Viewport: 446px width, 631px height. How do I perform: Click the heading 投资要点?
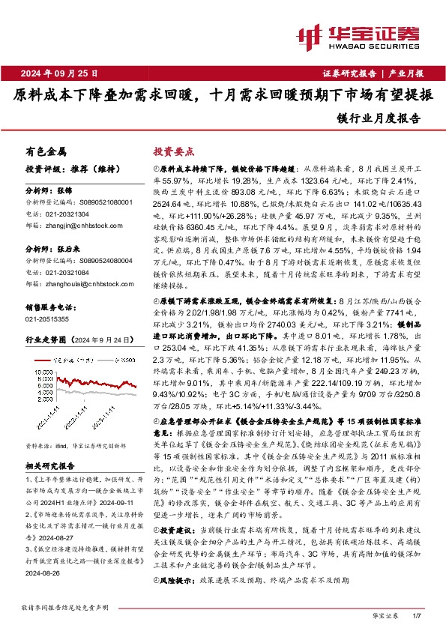[175, 151]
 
